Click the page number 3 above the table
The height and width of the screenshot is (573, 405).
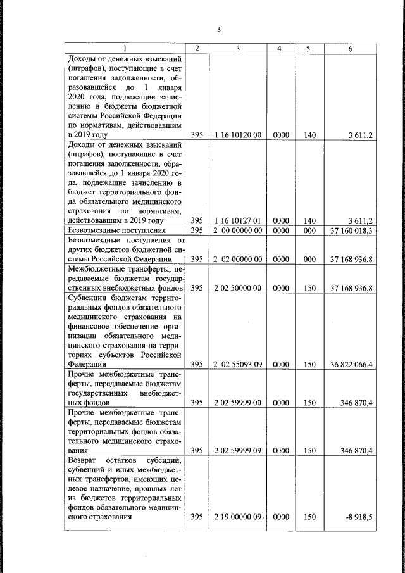point(219,29)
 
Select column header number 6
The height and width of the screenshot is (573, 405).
point(351,49)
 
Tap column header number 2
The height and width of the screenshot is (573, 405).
point(197,49)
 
